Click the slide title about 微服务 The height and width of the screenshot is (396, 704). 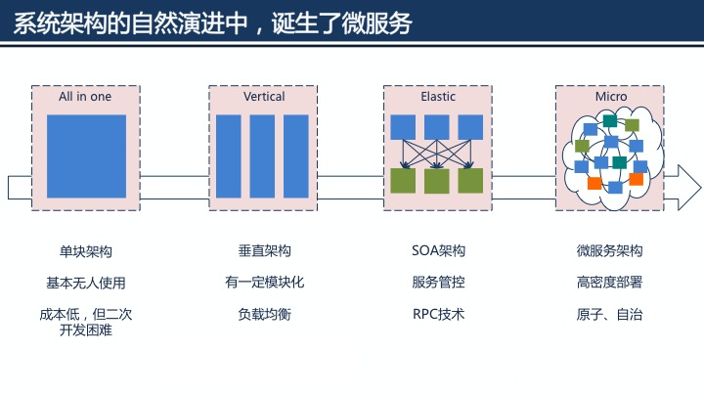click(212, 23)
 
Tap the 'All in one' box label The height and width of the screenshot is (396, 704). click(85, 97)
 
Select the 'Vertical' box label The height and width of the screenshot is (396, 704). click(264, 97)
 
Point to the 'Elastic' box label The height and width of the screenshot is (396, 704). click(438, 97)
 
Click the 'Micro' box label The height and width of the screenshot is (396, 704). click(611, 97)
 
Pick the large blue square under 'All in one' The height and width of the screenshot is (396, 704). click(86, 156)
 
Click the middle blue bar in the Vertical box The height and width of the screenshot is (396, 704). click(262, 156)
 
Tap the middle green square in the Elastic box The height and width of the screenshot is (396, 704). click(437, 181)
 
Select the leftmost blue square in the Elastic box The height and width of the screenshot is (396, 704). click(403, 127)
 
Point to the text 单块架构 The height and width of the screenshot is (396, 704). click(86, 251)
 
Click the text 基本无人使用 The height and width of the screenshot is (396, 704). click(86, 283)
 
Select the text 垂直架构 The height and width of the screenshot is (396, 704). click(264, 250)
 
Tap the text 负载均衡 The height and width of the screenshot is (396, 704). click(264, 314)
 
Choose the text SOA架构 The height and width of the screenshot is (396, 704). click(438, 250)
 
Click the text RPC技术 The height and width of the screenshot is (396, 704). click(438, 314)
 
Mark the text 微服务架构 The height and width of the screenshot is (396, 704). click(609, 250)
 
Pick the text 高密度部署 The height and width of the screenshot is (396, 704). click(609, 282)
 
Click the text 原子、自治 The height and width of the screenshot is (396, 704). click(609, 314)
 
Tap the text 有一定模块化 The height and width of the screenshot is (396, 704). click(264, 282)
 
